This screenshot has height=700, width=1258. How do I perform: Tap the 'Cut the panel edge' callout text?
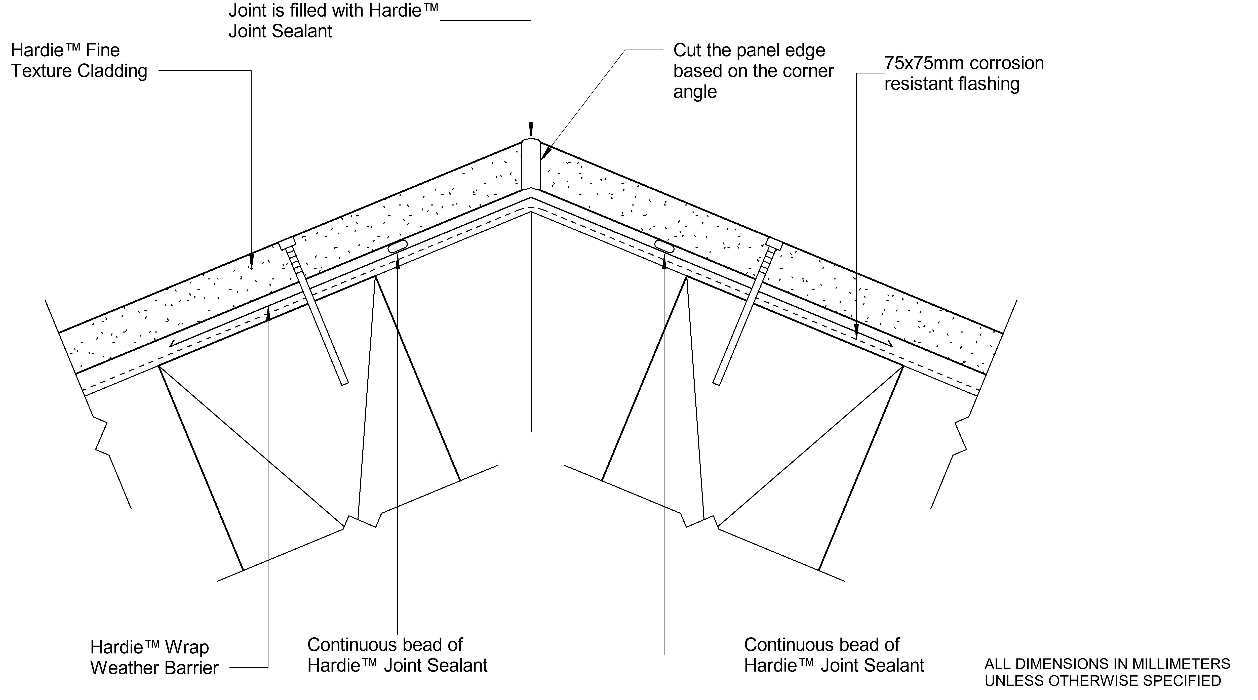point(753,71)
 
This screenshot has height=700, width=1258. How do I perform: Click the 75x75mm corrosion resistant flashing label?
point(964,73)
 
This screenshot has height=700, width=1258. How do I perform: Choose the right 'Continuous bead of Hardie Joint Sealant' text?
point(834,655)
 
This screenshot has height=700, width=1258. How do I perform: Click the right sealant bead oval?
point(664,247)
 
